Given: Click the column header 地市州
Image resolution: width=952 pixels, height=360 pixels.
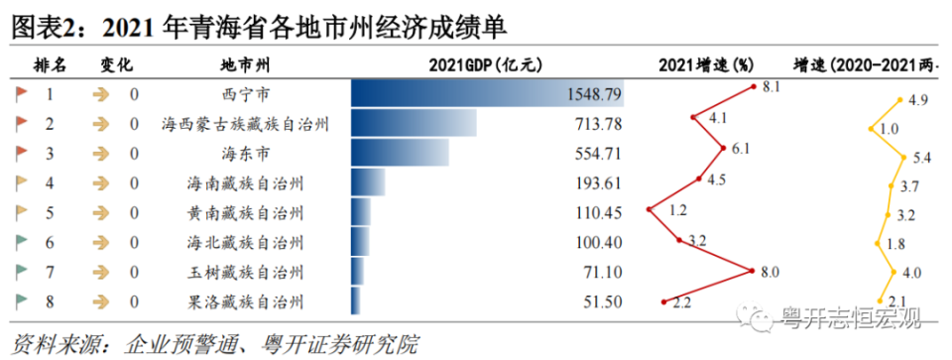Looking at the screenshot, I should click(245, 65).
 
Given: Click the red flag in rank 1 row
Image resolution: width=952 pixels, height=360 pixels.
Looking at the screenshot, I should click(21, 95).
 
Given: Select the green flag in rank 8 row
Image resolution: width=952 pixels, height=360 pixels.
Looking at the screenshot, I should click(21, 300).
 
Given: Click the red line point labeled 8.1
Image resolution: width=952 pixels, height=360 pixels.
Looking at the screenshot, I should click(754, 88).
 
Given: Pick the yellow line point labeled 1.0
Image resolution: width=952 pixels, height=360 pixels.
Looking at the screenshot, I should click(870, 128).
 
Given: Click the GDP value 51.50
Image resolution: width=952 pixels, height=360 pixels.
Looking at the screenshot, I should click(602, 300).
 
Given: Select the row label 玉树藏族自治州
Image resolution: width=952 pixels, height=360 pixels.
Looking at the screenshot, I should click(245, 271).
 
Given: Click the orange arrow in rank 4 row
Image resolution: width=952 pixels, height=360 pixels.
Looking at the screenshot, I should click(100, 183).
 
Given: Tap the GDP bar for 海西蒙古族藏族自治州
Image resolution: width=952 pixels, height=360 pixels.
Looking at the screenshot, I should click(414, 125).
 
